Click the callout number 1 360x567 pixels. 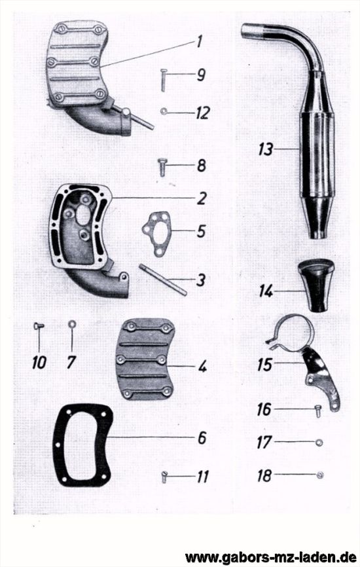click(199, 42)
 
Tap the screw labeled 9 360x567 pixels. click(164, 80)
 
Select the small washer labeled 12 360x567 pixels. click(163, 112)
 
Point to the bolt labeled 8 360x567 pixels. click(162, 168)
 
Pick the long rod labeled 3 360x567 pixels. click(163, 280)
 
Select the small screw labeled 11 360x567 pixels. click(164, 477)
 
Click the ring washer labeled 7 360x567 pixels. click(72, 323)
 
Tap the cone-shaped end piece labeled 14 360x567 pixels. click(317, 285)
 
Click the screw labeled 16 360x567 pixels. click(318, 411)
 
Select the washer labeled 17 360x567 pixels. click(319, 442)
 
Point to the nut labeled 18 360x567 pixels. click(319, 475)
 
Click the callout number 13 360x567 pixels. click(266, 149)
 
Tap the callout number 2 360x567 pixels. click(202, 198)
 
